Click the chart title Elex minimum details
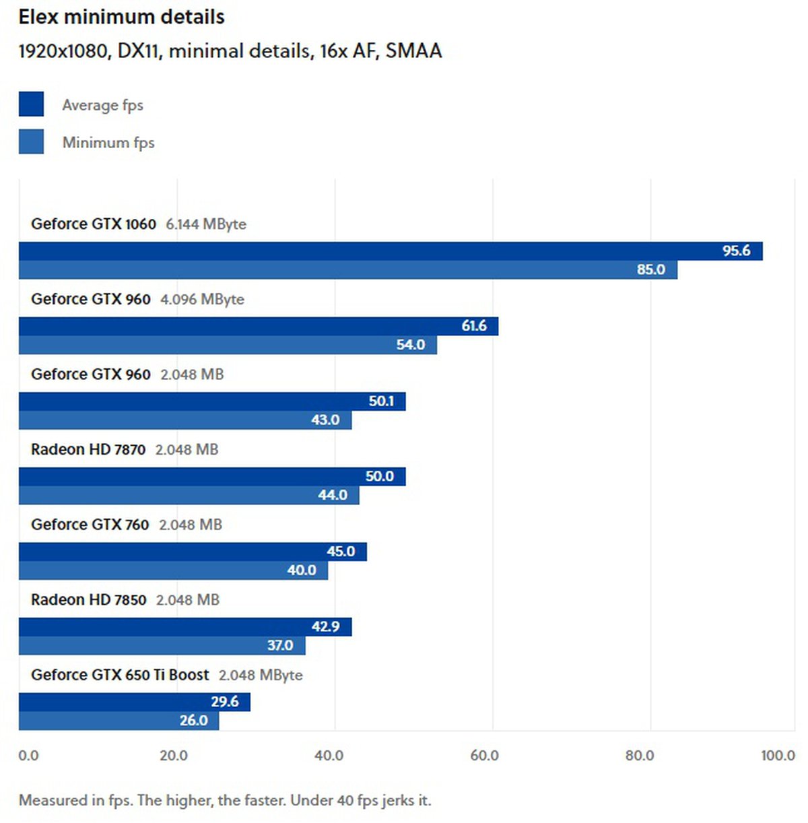121,17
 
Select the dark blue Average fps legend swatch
31,104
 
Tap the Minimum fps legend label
108,143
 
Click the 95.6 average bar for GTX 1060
391,251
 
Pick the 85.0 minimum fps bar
347,270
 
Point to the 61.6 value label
474,326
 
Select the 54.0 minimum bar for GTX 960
228,345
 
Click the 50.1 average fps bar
212,401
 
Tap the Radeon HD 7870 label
88,449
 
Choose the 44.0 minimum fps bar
189,496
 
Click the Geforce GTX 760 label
90,525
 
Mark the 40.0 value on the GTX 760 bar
302,570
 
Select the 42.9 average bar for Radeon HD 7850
185,627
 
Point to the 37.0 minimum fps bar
162,646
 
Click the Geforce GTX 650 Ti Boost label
120,675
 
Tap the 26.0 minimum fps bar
119,721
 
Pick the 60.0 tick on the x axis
484,756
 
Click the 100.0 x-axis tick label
778,756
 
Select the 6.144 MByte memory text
206,224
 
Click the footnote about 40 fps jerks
225,801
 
